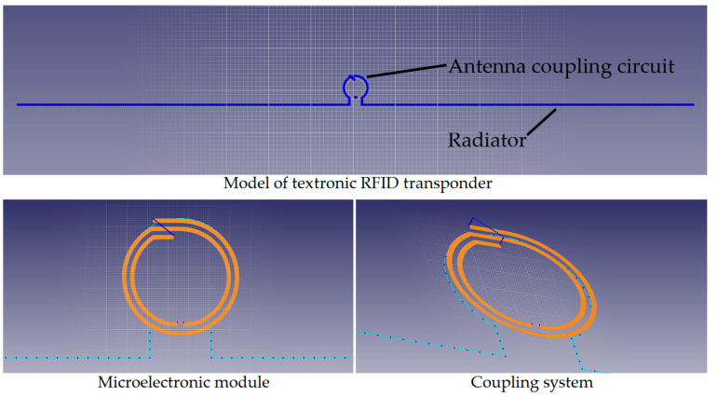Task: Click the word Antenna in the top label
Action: [x=487, y=66]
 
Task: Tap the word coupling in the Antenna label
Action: [x=571, y=67]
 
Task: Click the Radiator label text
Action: [x=487, y=141]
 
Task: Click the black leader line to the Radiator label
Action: [x=542, y=121]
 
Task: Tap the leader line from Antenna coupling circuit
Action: [x=407, y=71]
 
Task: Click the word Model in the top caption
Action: [x=240, y=184]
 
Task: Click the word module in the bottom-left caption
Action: [x=243, y=382]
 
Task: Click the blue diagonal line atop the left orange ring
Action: [x=164, y=227]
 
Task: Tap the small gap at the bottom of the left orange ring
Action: [x=181, y=323]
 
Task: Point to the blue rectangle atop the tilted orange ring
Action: [x=487, y=229]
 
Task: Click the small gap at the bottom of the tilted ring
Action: [x=535, y=325]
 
